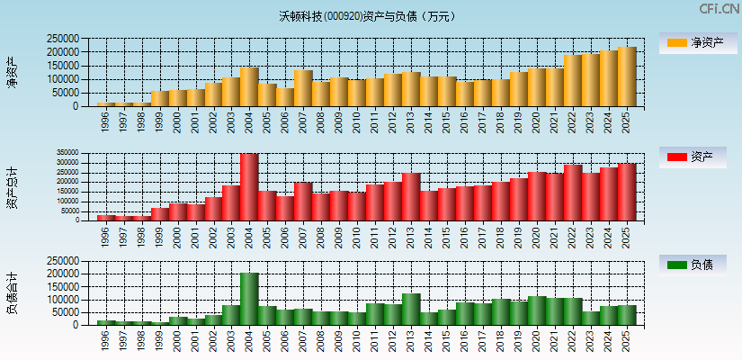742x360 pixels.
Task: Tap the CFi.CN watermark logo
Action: (720, 9)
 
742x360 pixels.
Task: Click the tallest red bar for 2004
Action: (249, 186)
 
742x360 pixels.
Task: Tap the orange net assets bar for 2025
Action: (627, 76)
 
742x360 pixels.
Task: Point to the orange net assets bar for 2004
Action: (249, 86)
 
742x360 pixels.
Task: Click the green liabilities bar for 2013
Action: (411, 309)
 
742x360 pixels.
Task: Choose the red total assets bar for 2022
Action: (573, 192)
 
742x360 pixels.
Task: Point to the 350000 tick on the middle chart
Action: (78, 153)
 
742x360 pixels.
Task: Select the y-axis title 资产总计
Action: (12, 187)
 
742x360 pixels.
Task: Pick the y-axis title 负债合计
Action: (12, 293)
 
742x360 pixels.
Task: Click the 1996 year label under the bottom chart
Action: (105, 340)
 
